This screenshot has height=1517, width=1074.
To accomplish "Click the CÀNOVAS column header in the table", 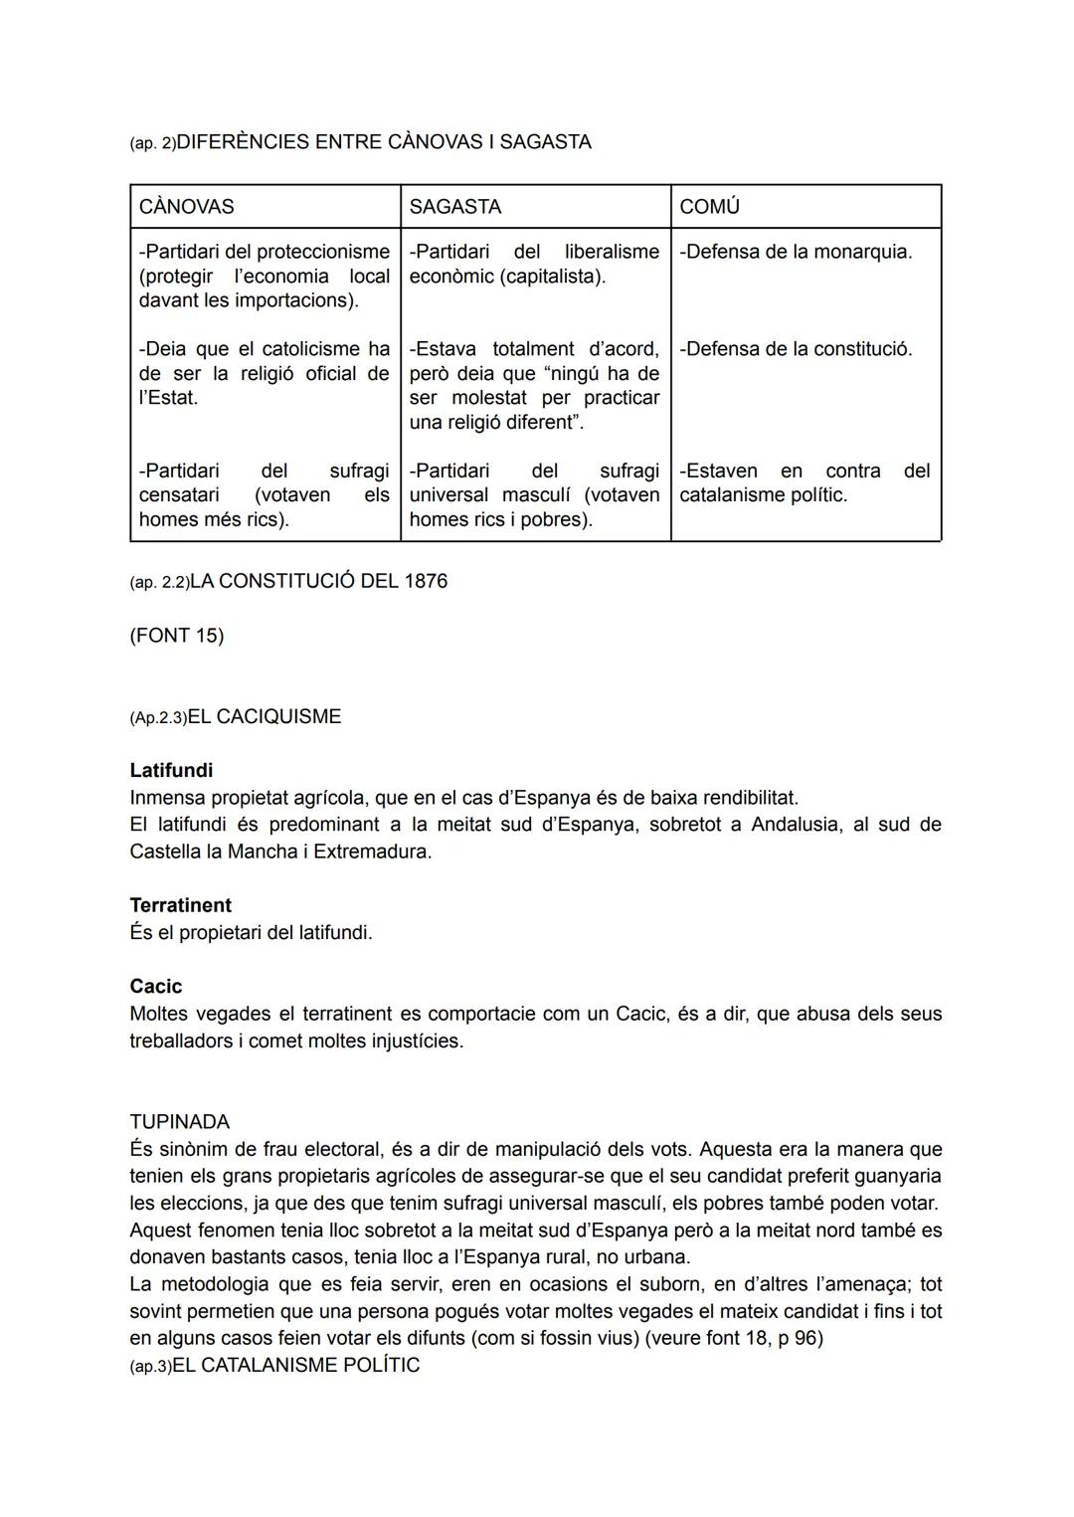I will pos(187,207).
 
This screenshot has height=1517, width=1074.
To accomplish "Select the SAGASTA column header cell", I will pos(455,207).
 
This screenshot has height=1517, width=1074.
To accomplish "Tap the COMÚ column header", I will pos(709,207).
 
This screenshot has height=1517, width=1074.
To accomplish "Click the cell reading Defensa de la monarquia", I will pos(796,252).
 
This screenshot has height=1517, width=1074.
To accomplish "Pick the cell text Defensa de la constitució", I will pos(796,349).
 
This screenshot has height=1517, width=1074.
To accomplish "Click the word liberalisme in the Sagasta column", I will pos(612,252).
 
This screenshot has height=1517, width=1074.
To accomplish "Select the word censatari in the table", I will pos(182,495).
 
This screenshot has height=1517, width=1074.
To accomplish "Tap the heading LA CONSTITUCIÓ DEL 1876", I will pos(318,581).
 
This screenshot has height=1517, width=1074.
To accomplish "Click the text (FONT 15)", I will pos(177,636).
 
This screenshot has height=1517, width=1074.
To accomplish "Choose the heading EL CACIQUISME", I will pos(264,717).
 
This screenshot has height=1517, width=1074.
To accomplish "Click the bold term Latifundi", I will pos(171,771).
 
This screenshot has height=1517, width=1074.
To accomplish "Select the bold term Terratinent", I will pos(180,906).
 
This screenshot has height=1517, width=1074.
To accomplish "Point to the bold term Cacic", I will pos(156,987).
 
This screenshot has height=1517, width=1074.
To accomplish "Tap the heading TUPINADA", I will pos(179,1122).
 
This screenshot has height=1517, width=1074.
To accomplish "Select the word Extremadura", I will pos(372,853).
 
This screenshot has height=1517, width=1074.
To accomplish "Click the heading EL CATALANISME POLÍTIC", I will pos(296,1366).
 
